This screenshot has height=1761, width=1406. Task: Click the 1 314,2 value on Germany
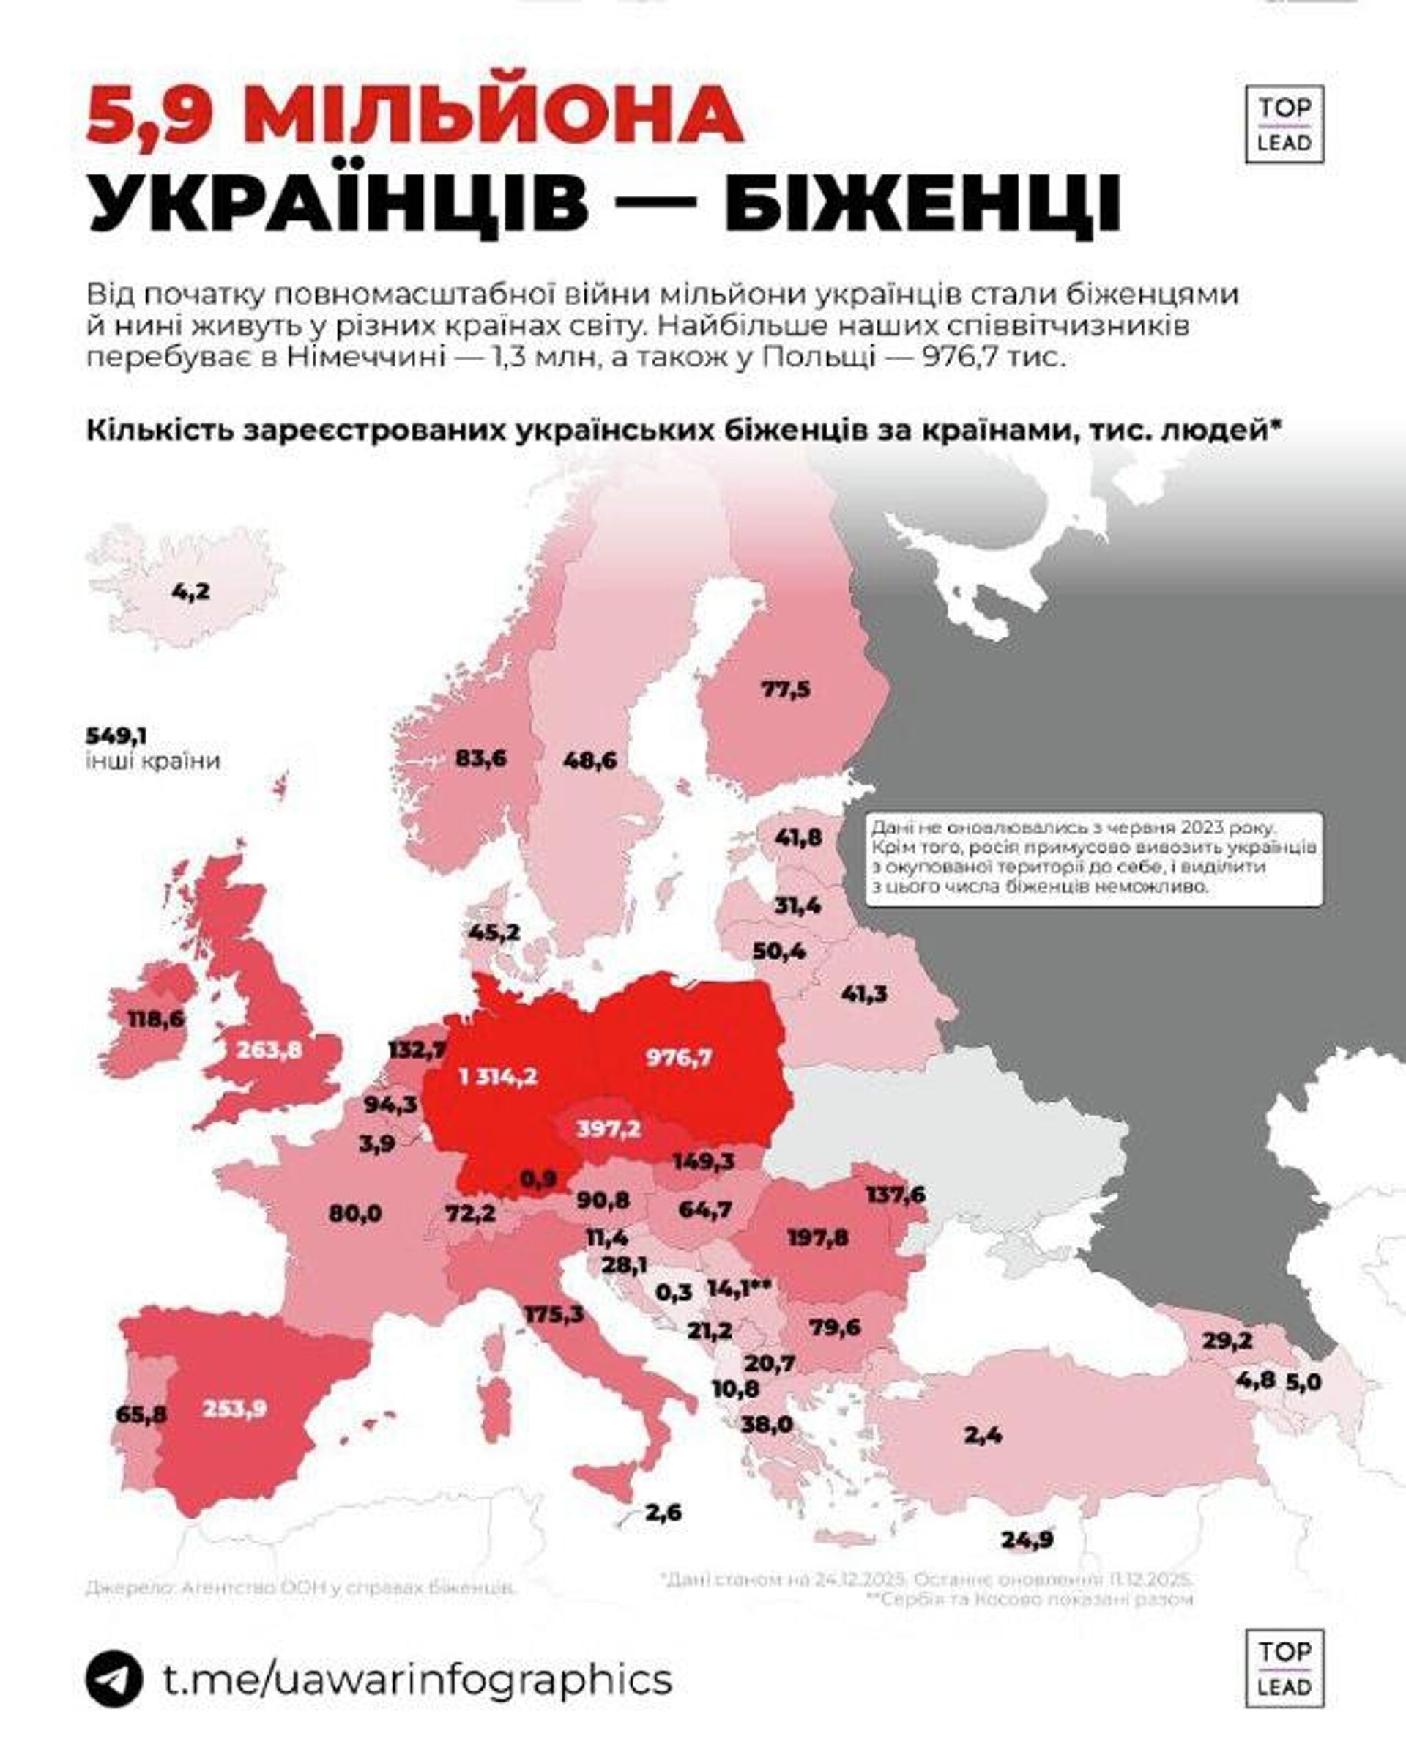(x=498, y=1077)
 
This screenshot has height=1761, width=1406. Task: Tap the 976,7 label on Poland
(x=679, y=1058)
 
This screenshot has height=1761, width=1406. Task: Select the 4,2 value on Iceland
(x=190, y=590)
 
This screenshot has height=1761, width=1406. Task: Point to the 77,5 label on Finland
(x=786, y=689)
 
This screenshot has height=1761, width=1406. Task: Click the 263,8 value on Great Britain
(x=269, y=1049)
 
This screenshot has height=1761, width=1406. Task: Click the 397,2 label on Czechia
(x=609, y=1129)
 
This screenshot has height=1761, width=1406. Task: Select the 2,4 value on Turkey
(x=983, y=1434)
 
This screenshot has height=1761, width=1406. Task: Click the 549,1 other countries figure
(x=116, y=736)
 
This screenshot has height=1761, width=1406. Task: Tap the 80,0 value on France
(x=355, y=1213)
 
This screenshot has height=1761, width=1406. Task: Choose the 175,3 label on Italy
(x=555, y=1314)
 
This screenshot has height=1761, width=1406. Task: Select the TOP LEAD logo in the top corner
(x=1284, y=124)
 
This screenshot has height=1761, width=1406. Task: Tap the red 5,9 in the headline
(x=153, y=114)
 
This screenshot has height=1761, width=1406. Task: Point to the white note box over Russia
(x=1093, y=858)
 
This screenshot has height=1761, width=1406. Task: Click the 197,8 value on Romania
(x=817, y=1237)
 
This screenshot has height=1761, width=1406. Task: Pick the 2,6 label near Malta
(x=662, y=1512)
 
